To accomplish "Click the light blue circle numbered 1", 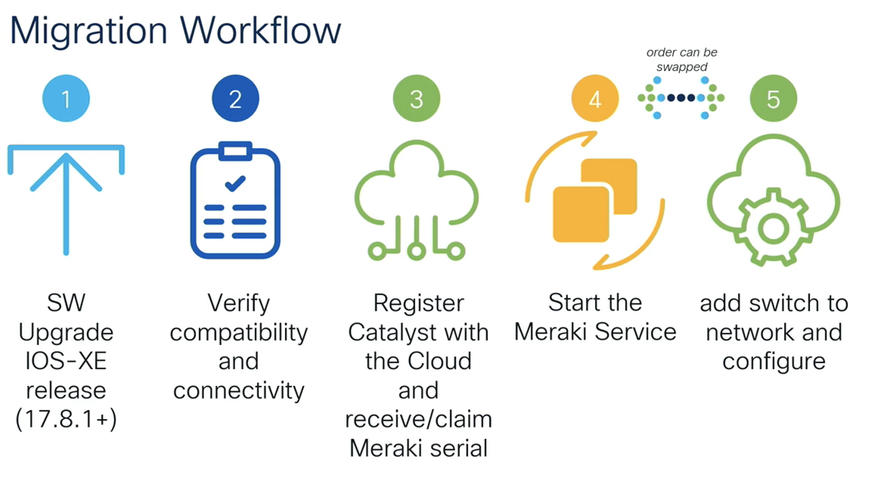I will click(66, 98).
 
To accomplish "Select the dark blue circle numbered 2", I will click(236, 98).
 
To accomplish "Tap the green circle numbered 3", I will click(416, 98).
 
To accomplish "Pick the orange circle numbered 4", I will click(595, 98).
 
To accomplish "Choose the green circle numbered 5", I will click(774, 98).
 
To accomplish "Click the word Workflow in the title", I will click(260, 31).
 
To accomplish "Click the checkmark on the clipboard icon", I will click(235, 183).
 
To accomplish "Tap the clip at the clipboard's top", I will click(236, 151).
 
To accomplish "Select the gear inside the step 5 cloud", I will click(773, 228).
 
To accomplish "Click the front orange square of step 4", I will click(581, 214).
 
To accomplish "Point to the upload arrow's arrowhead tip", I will click(66, 155).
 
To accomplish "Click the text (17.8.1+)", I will click(66, 419).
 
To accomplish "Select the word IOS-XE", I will click(66, 361).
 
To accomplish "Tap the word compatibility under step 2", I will click(239, 333).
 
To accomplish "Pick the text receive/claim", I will click(418, 419).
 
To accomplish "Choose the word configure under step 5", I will click(774, 362).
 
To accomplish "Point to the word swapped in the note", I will click(682, 67).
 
